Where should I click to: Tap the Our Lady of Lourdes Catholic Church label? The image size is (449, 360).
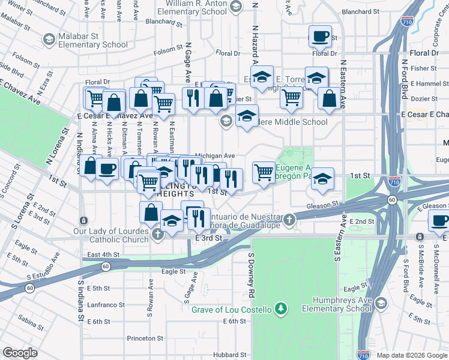tap(111, 236)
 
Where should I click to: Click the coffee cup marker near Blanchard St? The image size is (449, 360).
tap(320, 36)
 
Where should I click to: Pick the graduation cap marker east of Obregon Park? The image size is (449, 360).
tap(322, 179)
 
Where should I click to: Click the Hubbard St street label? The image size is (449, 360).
tap(231, 355)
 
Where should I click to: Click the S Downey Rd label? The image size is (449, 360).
tap(250, 275)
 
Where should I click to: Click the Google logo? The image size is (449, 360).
tap(20, 353)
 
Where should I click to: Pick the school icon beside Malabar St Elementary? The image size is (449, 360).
tap(49, 40)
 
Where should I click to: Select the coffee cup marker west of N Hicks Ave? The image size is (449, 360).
tap(107, 169)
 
